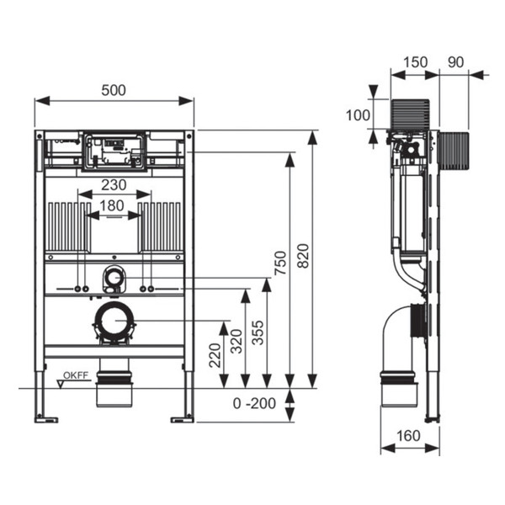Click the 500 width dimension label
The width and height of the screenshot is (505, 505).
(x=114, y=90)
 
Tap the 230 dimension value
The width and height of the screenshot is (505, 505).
(x=114, y=185)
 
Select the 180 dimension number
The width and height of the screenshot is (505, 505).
(x=112, y=205)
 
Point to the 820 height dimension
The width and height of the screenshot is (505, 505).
(x=303, y=256)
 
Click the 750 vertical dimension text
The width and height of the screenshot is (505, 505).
(x=280, y=263)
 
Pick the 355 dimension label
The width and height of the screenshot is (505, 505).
(x=258, y=332)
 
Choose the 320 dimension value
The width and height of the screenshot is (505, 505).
(x=237, y=342)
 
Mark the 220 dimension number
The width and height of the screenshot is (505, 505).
(x=215, y=355)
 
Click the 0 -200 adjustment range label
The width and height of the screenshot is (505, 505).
(x=254, y=403)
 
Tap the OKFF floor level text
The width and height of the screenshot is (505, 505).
(x=76, y=375)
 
